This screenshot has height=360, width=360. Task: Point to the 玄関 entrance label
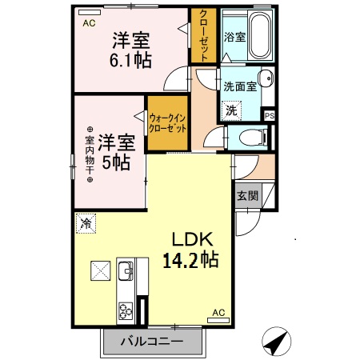[x=247, y=196]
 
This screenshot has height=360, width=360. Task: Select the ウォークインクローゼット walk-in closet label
[x=168, y=122]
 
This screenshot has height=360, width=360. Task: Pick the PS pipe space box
[x=270, y=115]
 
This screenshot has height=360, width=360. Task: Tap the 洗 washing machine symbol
[x=231, y=110]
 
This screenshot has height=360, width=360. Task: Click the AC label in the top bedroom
[x=90, y=23]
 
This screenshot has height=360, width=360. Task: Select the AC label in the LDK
[x=218, y=313]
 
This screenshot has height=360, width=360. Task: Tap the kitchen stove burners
[x=126, y=308]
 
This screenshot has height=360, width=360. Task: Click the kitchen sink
[x=126, y=273]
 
